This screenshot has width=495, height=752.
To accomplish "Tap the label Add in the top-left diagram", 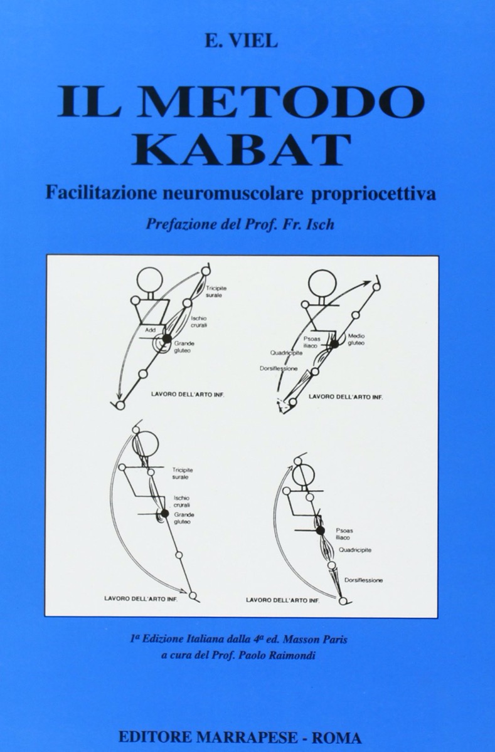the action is click(150, 330).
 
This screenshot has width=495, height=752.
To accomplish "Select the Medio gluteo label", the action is click(356, 340).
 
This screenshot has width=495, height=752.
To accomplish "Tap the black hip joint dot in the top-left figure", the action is click(166, 339).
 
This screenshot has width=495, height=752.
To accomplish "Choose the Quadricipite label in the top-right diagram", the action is click(286, 353).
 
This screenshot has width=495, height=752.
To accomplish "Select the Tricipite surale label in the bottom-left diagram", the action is click(182, 474).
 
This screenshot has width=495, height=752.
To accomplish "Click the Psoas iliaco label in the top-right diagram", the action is click(312, 342).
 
